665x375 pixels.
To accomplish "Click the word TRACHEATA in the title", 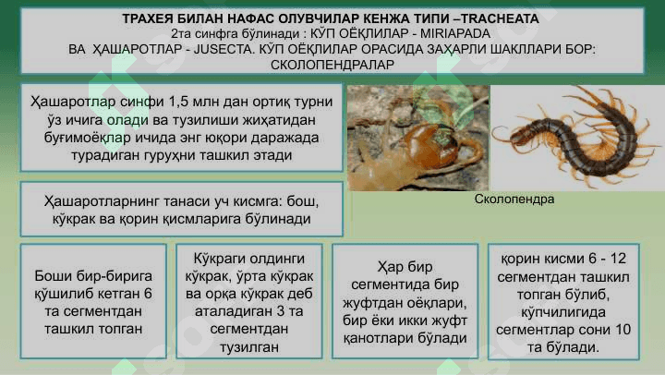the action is coord(500,18).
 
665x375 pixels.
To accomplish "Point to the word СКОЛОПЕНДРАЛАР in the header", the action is coord(332,65).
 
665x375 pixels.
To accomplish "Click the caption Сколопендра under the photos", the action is coord(514,199).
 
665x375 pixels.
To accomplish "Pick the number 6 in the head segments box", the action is coord(148,294).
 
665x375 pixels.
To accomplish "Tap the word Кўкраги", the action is coord(219,259).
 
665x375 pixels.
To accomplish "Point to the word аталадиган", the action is coord(232,311).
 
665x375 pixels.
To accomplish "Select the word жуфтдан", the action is coord(373,303).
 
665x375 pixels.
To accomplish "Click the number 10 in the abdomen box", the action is coord(623,330).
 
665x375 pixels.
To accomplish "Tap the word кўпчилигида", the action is coord(563,312).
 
